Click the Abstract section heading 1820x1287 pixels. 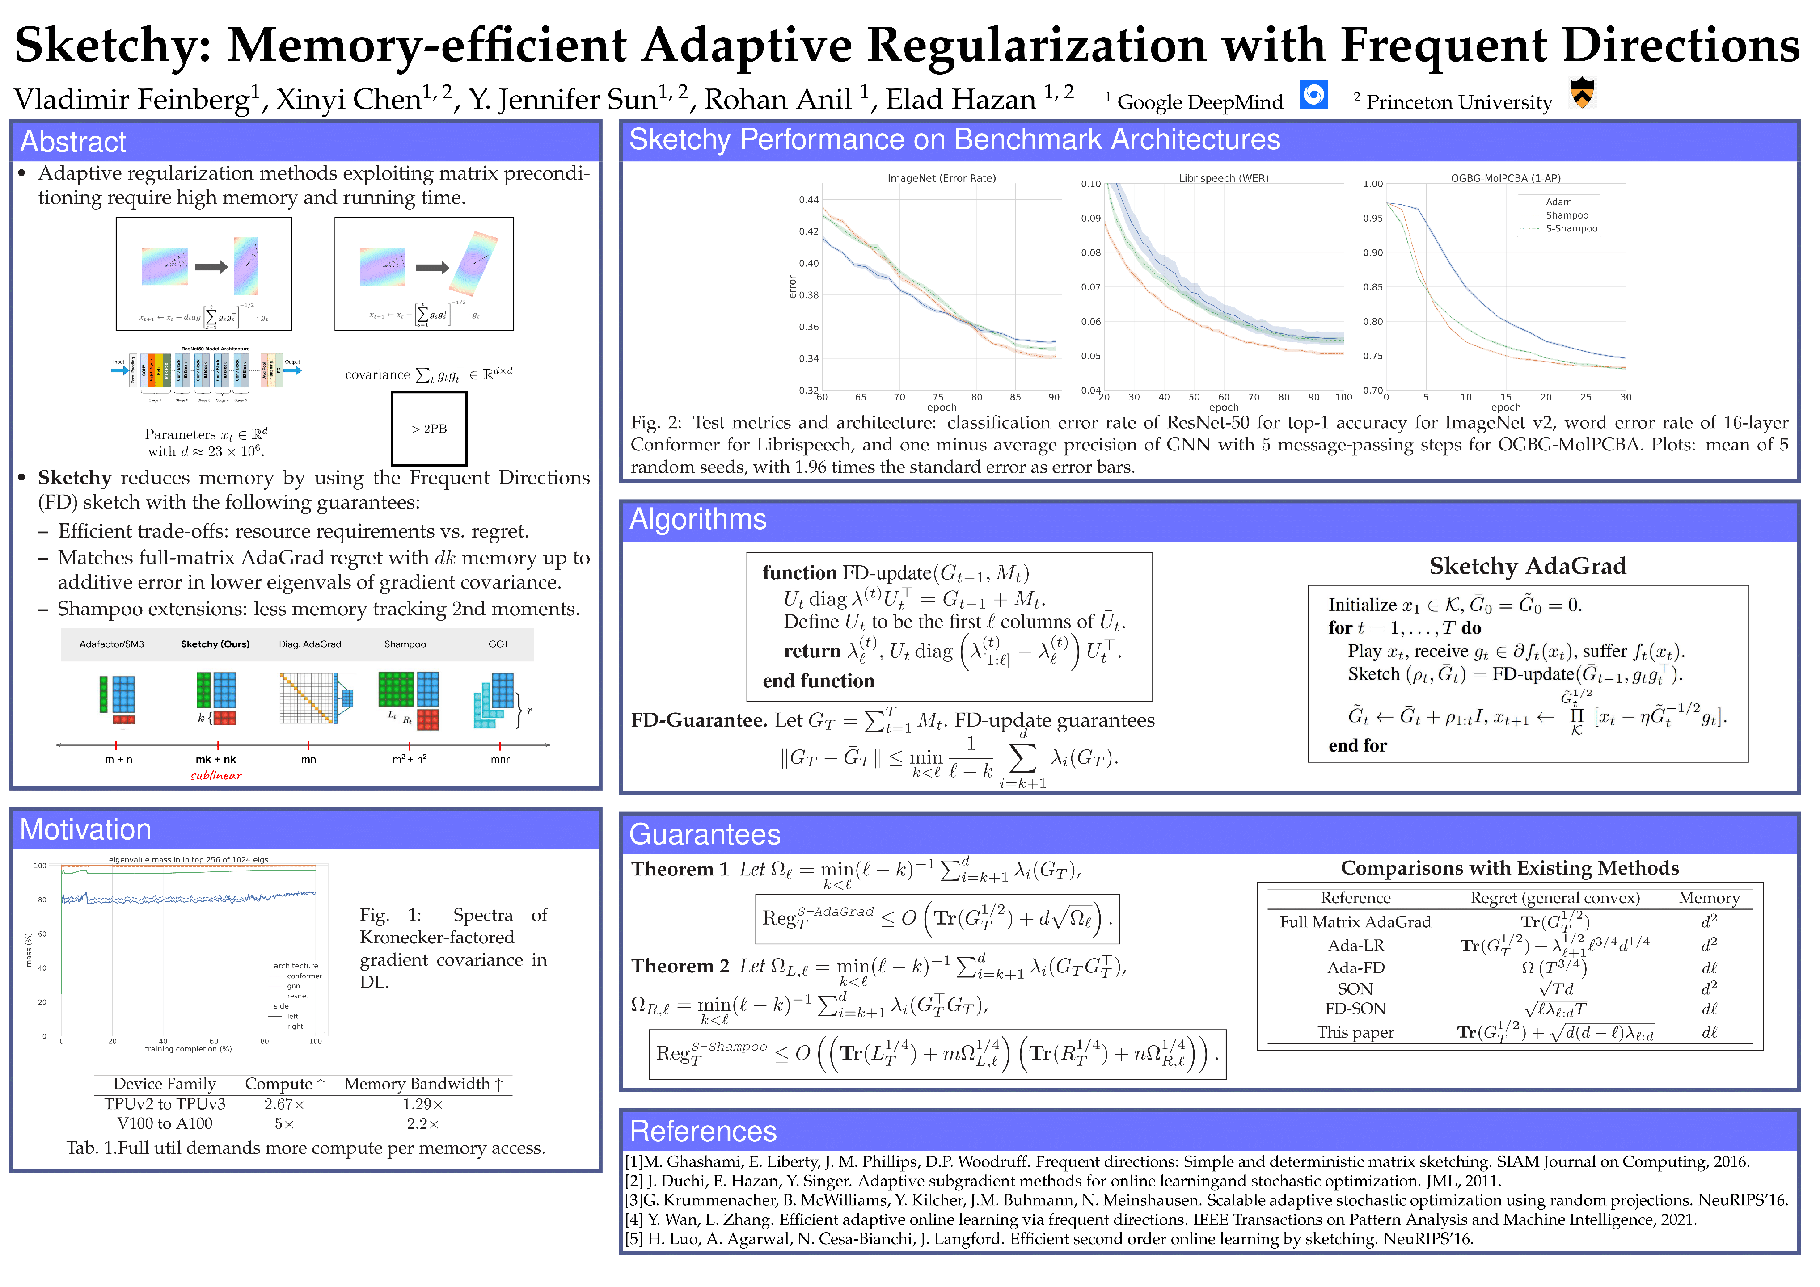[x=73, y=142]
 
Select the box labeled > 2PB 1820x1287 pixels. [x=429, y=429]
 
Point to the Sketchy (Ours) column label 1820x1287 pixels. [x=215, y=644]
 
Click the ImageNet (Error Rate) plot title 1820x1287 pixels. [x=941, y=178]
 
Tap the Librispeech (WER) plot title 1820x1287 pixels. [x=1223, y=178]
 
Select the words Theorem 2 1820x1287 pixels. [x=680, y=966]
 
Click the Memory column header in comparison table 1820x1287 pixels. [x=1708, y=898]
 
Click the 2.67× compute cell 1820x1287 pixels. [x=284, y=1104]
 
